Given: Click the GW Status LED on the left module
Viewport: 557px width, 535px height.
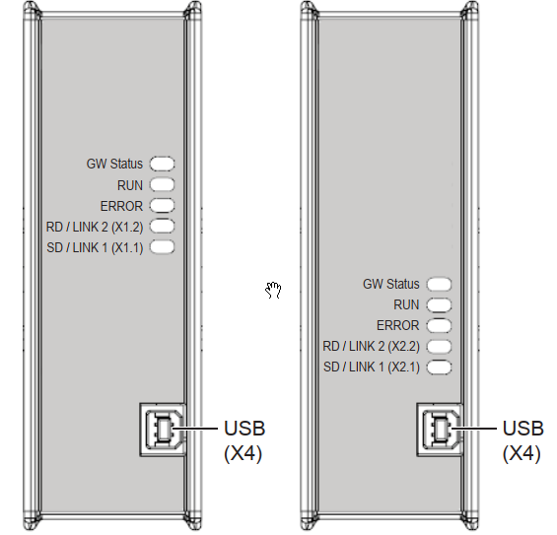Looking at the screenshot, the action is (x=162, y=164).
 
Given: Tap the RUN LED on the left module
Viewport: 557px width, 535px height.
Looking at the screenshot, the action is (x=162, y=184).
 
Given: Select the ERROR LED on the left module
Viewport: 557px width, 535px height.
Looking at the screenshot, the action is (x=162, y=206).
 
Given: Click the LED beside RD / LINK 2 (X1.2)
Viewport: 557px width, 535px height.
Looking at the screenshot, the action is (x=162, y=227).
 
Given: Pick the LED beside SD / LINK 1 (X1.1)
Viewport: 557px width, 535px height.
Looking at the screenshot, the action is (x=162, y=247).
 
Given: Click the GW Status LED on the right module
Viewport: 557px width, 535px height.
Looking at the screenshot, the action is (x=439, y=284).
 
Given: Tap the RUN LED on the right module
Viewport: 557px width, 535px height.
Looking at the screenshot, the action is (x=439, y=305).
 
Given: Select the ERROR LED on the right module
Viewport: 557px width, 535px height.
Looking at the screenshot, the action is (x=439, y=325).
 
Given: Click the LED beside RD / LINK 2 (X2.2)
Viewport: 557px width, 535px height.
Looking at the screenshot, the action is (x=439, y=346).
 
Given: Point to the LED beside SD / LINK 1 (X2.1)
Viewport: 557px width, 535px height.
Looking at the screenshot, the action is (x=439, y=368).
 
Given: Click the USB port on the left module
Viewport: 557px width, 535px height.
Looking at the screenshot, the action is (x=163, y=430).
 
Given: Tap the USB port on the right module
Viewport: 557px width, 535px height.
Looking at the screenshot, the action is (x=440, y=430).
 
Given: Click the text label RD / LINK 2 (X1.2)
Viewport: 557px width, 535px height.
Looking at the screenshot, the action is (x=95, y=227).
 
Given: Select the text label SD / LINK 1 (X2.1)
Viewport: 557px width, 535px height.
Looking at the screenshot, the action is (x=372, y=368).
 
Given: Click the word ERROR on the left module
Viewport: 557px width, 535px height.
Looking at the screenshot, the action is (x=121, y=206).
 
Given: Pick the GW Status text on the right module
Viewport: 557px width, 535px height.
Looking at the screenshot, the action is (x=391, y=284).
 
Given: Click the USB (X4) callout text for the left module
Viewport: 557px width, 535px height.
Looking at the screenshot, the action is (x=244, y=441).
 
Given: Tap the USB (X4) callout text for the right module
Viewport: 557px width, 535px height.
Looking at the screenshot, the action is (x=522, y=441).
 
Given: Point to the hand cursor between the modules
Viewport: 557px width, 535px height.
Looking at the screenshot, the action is (x=273, y=290).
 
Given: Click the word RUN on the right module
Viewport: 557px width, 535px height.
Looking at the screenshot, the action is (x=406, y=305).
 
